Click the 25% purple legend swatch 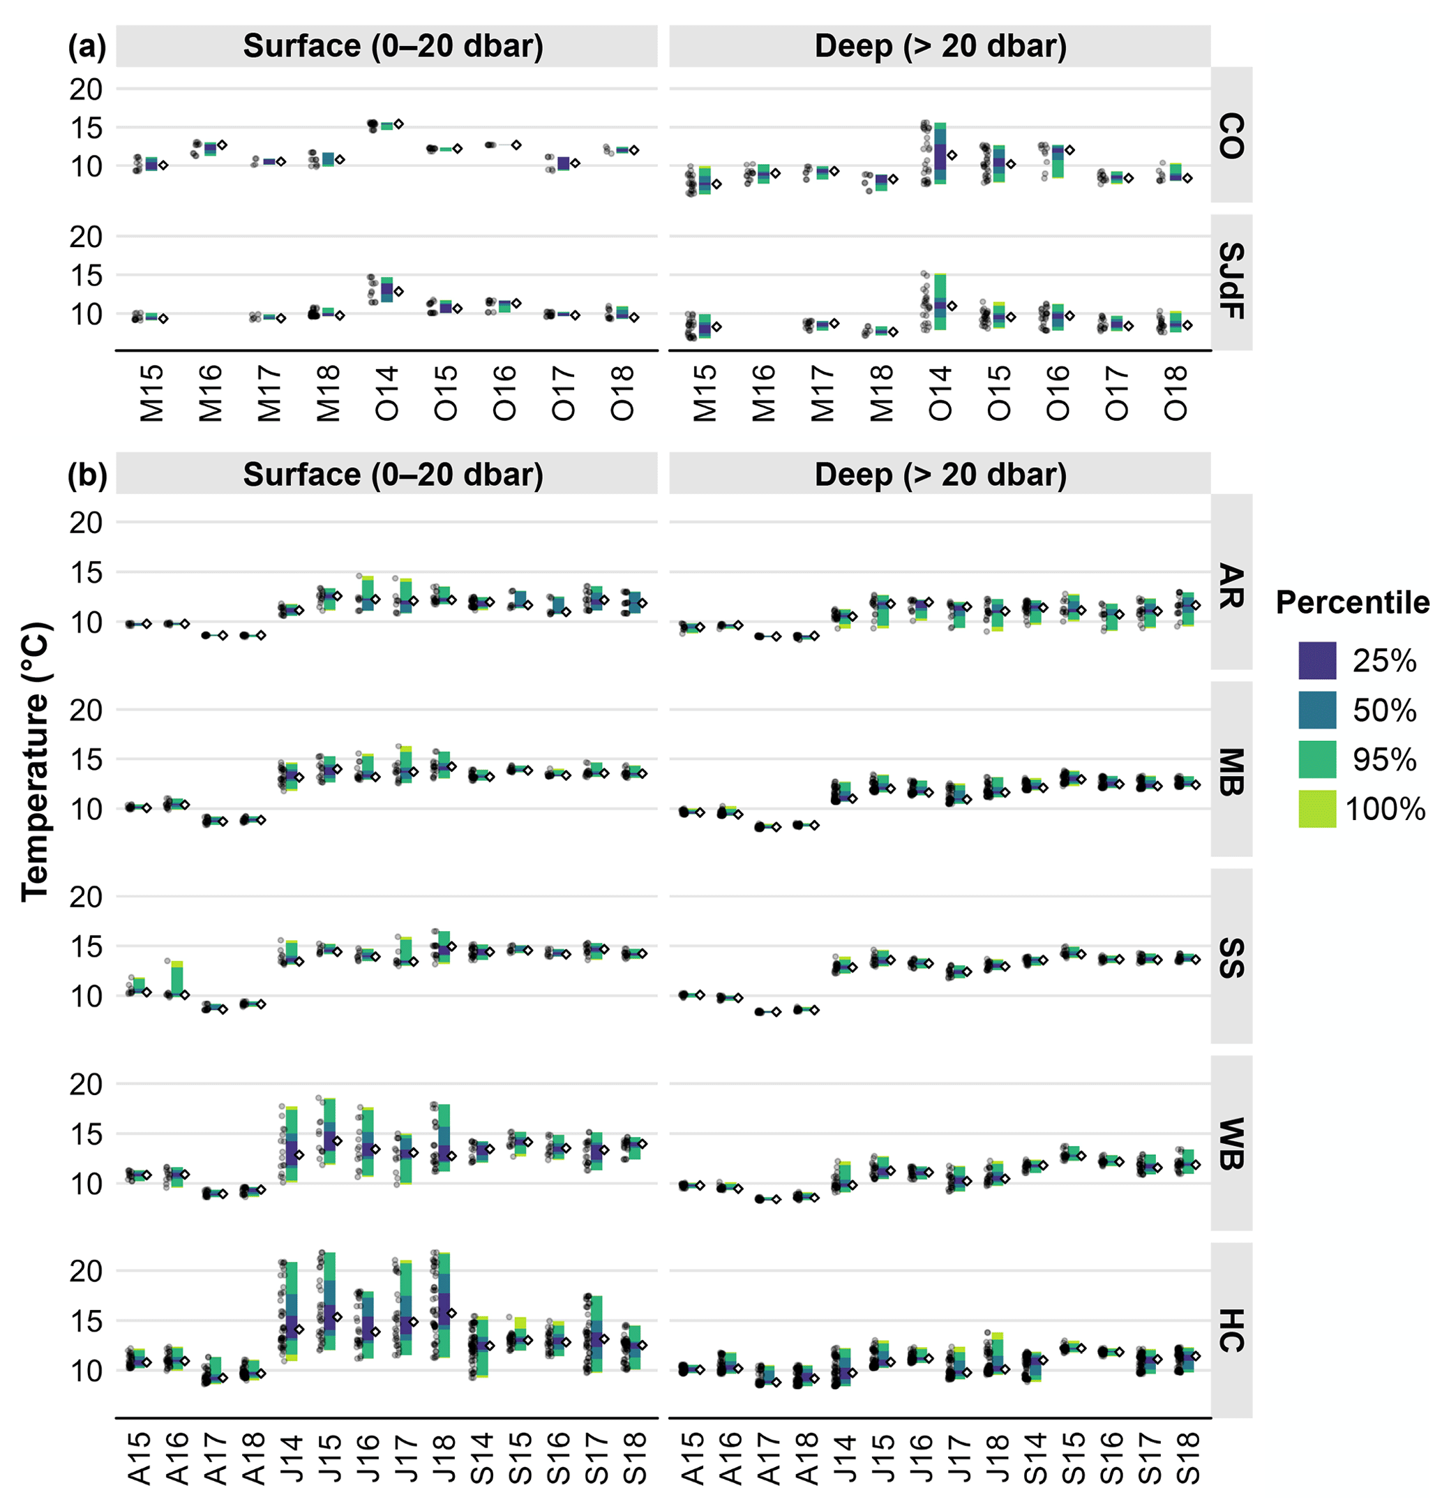pos(1316,660)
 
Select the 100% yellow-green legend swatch pos(1316,809)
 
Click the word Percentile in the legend pos(1352,603)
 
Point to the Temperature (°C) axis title pos(36,761)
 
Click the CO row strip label pos(1231,135)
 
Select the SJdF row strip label pos(1231,281)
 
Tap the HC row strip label pos(1231,1330)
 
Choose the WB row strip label pos(1231,1143)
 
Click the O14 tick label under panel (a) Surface pos(386,393)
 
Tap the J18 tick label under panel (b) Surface pos(444,1458)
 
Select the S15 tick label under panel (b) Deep pos(1073,1458)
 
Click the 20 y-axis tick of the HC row pos(85,1271)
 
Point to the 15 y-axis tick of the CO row pos(85,128)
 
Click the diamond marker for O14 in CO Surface pos(399,124)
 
